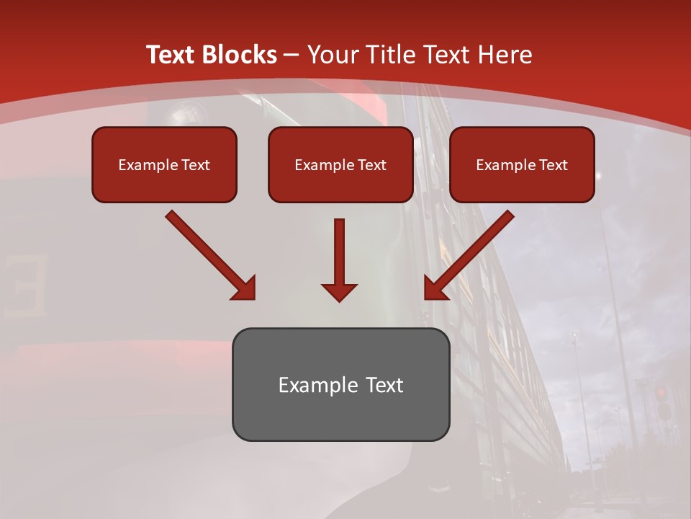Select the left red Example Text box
click(164, 164)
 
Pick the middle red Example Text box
click(340, 164)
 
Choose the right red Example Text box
click(522, 164)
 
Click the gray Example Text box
click(340, 384)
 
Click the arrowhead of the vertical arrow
click(339, 291)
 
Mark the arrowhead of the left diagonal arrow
click(245, 288)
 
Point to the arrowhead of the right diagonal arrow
click(435, 288)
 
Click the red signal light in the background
click(661, 393)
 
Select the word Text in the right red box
click(553, 164)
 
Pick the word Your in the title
click(330, 55)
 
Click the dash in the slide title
click(292, 55)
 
